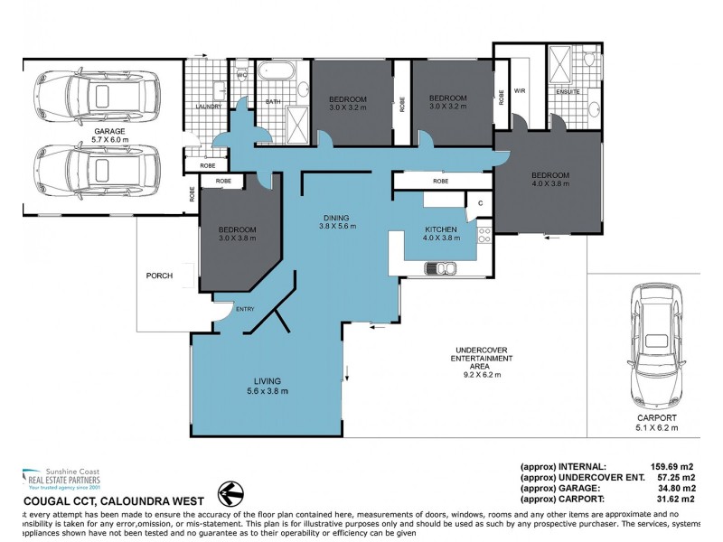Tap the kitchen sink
point(442,266)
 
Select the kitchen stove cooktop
point(484,237)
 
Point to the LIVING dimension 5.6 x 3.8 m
point(268,392)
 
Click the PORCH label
point(158,276)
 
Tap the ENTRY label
point(245,310)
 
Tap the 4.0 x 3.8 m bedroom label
point(549,181)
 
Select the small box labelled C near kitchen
point(480,203)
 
